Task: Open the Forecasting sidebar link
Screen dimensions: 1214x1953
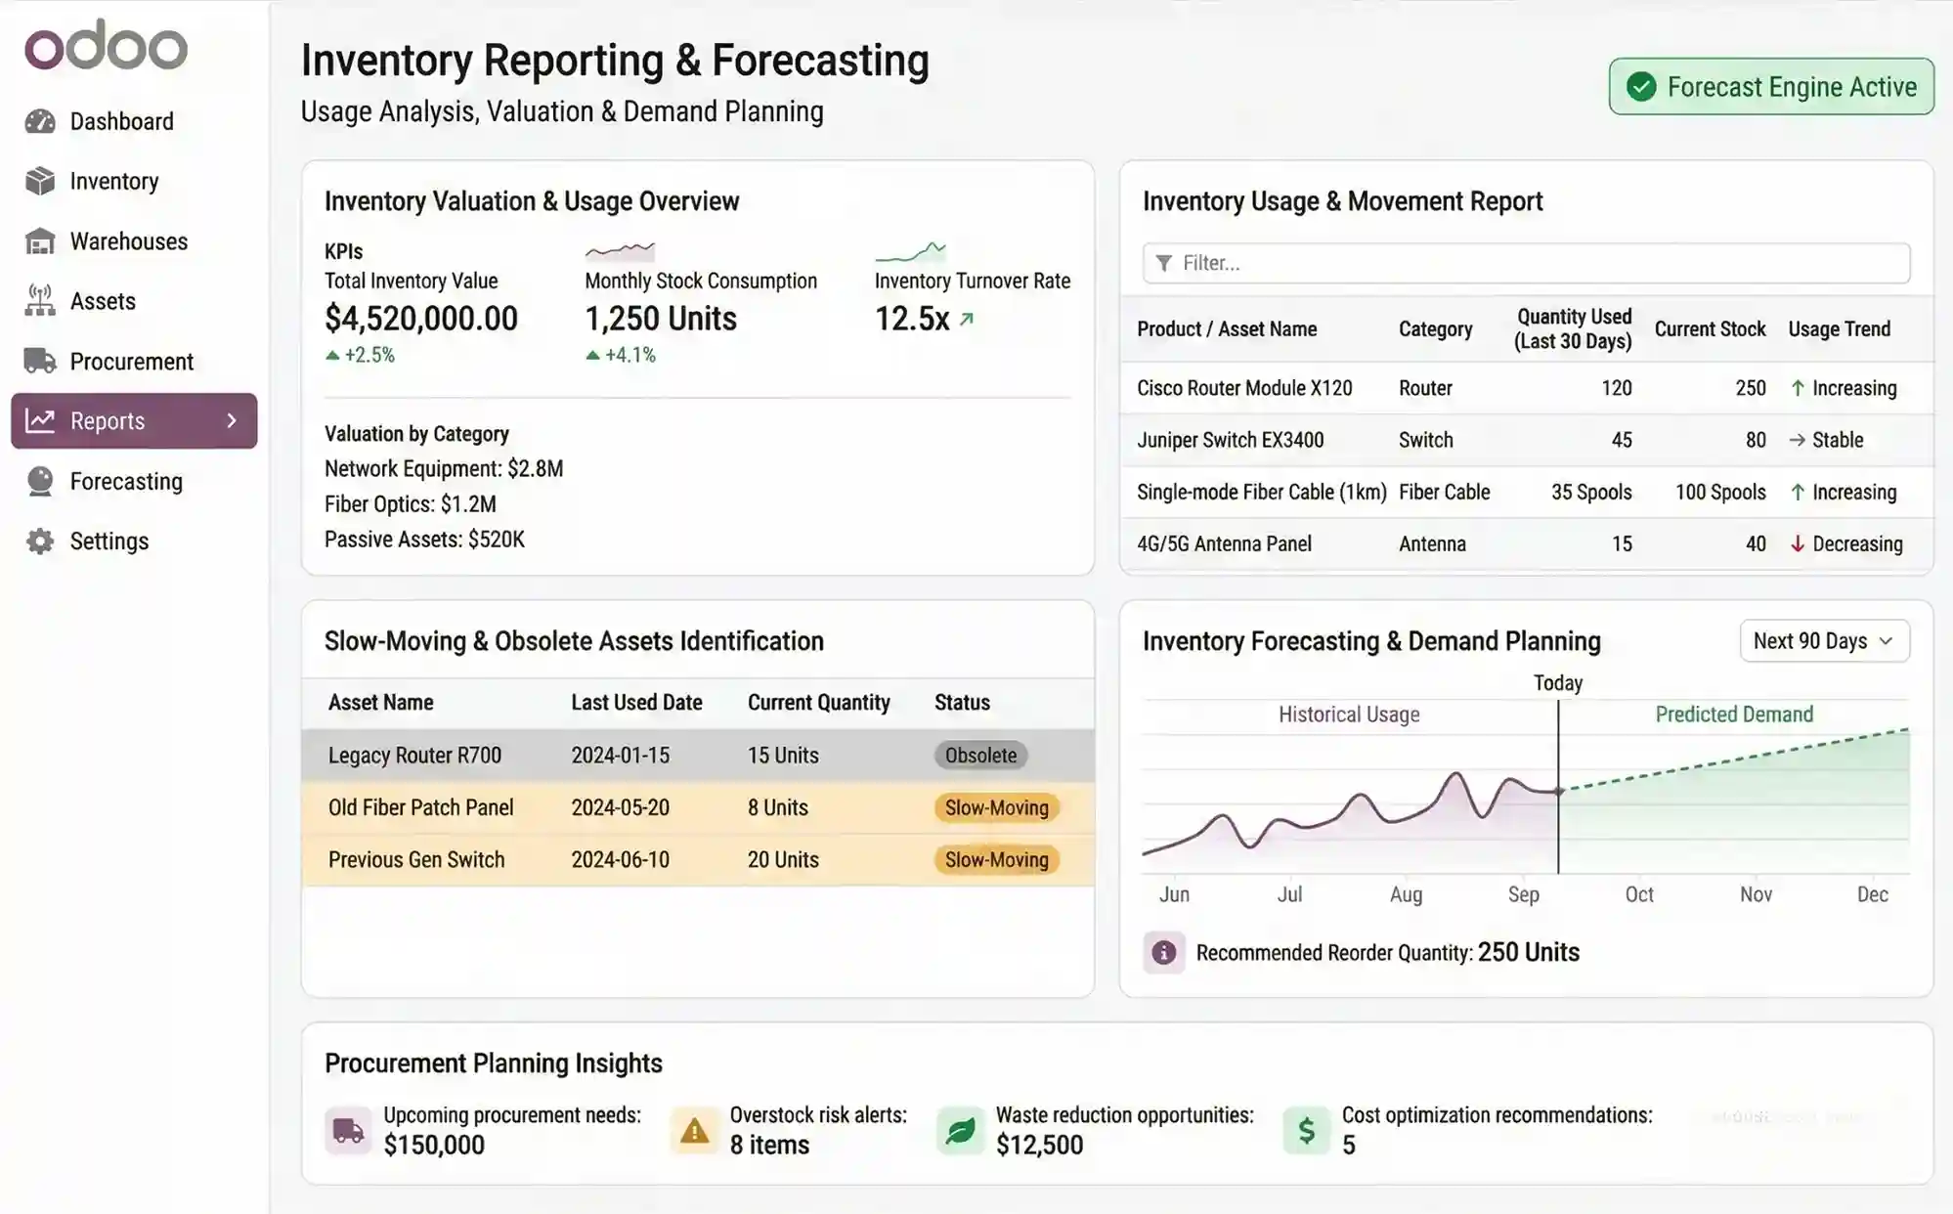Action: (126, 482)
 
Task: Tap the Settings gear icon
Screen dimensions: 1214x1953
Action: (40, 542)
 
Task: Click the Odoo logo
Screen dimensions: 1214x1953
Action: (106, 46)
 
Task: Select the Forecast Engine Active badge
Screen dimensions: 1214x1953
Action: (1771, 87)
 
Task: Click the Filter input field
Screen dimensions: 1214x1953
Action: (1525, 263)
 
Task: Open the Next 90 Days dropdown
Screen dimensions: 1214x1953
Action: (1824, 641)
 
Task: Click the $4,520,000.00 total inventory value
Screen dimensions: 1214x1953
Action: (421, 319)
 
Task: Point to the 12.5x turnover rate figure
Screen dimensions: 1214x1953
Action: (912, 319)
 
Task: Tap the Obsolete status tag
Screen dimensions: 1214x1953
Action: (980, 756)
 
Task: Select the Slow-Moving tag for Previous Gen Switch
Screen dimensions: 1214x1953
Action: (996, 860)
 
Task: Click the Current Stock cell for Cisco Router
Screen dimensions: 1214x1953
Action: (1750, 388)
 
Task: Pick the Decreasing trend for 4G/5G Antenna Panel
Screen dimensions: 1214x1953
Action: (1856, 544)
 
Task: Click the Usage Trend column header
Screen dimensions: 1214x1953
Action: (1839, 329)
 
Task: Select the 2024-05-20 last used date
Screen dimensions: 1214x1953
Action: (620, 808)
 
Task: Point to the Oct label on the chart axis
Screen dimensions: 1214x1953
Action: (1639, 894)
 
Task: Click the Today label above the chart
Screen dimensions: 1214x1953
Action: (1557, 683)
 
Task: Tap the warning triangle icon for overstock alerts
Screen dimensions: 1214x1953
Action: (694, 1131)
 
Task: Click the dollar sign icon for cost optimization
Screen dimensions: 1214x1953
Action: (1306, 1131)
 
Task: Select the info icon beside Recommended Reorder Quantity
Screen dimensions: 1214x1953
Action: (1163, 953)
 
